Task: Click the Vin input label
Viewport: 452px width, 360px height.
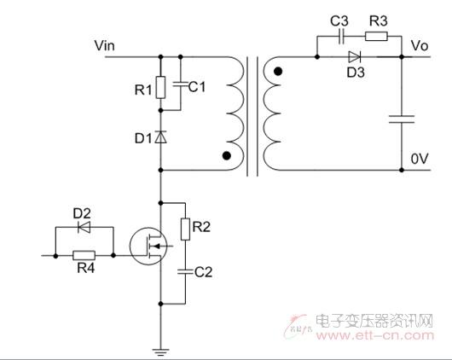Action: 104,45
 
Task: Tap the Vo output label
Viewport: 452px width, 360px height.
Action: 420,45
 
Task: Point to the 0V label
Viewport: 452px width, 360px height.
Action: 420,159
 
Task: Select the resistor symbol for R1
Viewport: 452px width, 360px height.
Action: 161,87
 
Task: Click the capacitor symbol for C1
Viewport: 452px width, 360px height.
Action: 181,84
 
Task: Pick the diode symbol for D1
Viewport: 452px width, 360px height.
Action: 161,137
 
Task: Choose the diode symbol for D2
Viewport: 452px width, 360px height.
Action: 84,227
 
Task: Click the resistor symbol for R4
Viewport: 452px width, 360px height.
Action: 84,256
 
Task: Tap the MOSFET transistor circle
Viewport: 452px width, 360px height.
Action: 148,246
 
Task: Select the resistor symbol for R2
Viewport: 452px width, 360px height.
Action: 185,229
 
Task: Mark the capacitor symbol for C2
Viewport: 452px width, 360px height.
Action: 185,271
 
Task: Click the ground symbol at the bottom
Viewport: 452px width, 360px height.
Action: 161,352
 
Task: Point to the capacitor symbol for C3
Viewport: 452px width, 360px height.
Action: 341,37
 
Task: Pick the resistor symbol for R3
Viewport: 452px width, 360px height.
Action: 376,37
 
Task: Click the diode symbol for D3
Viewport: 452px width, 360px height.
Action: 354,57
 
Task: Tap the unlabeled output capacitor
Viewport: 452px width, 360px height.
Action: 402,119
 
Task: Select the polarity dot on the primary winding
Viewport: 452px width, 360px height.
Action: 227,156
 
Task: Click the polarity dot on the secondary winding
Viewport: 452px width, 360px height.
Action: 278,72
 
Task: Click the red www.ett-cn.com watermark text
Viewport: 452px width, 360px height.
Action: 375,336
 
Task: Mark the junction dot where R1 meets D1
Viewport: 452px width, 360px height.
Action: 161,111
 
